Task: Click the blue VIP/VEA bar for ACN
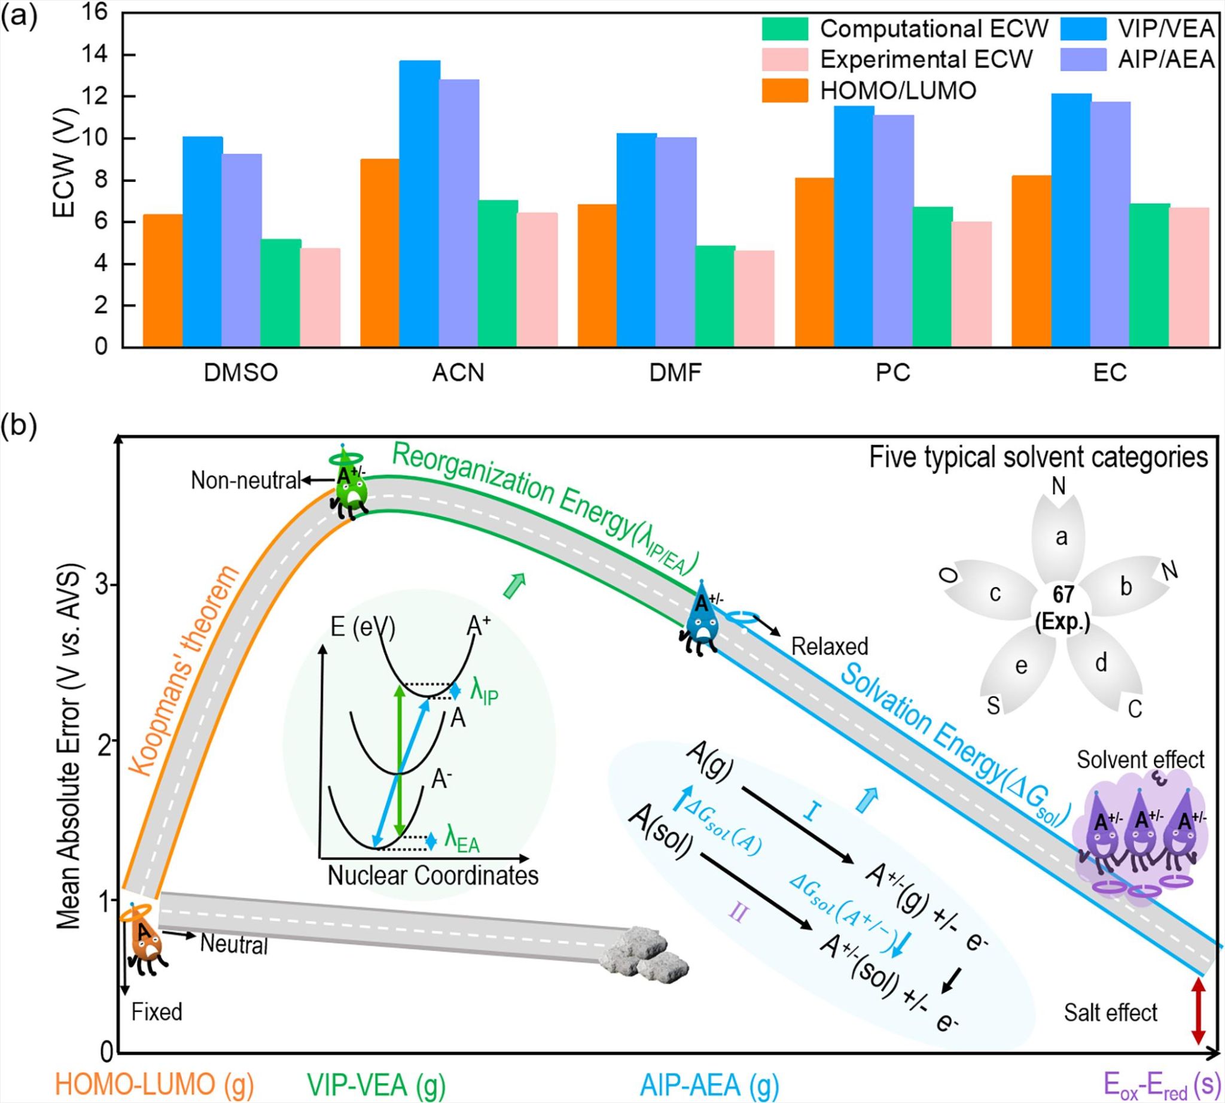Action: pos(420,203)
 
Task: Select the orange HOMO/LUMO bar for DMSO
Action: pos(162,281)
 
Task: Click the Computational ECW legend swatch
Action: pos(785,29)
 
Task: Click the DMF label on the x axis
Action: pos(675,373)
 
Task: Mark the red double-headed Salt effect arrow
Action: pos(1196,1021)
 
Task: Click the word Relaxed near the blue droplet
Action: pos(830,646)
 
